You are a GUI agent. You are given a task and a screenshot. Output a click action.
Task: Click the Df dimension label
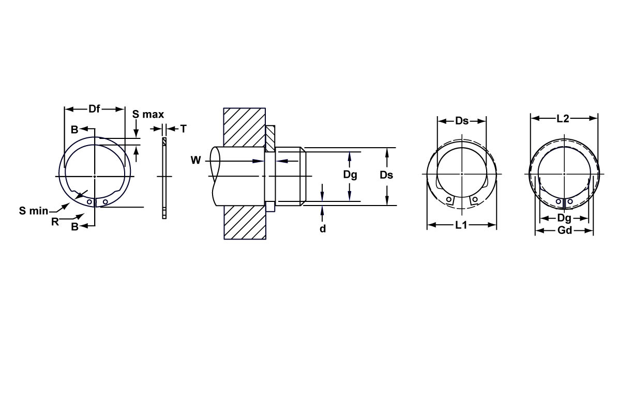click(94, 109)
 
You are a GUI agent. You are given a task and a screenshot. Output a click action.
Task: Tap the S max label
click(148, 114)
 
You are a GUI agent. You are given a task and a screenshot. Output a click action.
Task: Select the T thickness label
click(183, 129)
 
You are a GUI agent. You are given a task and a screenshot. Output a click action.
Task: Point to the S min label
click(34, 210)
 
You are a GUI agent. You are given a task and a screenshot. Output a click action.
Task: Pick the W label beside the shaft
click(195, 161)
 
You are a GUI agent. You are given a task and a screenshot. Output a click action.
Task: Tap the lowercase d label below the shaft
click(322, 228)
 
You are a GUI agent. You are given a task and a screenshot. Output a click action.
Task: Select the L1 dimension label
click(461, 225)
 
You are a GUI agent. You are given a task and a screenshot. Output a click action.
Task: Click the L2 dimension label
click(563, 119)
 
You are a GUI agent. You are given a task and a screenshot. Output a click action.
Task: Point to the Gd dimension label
click(565, 230)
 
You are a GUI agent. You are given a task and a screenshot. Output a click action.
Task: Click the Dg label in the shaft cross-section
click(350, 175)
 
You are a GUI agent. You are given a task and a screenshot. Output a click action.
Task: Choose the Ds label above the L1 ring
click(462, 121)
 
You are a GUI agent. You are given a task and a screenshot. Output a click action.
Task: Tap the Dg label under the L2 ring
click(564, 218)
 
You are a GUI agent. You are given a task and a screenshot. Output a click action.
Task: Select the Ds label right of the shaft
click(386, 175)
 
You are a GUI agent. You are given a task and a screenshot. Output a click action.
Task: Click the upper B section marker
click(74, 130)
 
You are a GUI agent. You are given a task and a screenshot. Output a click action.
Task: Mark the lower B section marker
click(74, 226)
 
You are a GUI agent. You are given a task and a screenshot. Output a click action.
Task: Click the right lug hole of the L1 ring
click(474, 200)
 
